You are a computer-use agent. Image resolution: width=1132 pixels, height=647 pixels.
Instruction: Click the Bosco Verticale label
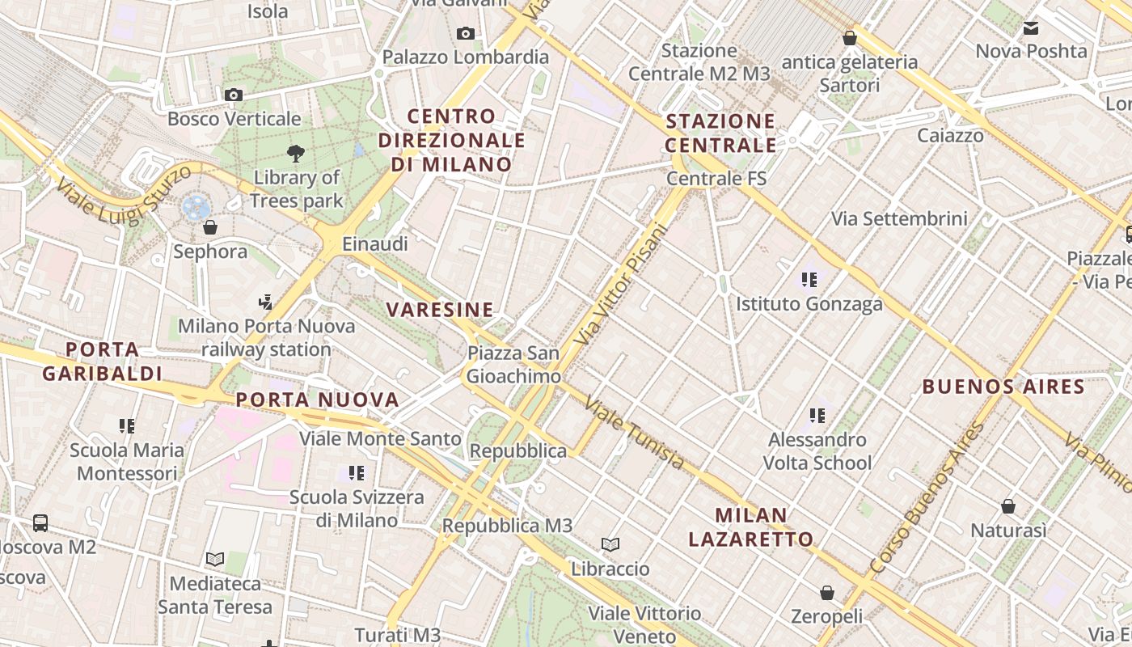coord(234,119)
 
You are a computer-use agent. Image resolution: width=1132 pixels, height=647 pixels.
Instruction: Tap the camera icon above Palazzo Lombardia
coord(465,33)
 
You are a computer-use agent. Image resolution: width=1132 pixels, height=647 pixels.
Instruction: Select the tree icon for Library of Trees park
coord(296,153)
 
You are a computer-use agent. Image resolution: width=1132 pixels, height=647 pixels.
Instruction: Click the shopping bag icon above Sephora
coord(210,227)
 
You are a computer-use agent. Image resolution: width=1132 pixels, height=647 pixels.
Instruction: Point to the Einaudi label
coord(375,243)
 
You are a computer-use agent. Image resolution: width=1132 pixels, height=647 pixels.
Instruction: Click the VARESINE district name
coord(440,310)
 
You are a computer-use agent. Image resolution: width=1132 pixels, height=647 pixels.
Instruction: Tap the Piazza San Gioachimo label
coord(513,365)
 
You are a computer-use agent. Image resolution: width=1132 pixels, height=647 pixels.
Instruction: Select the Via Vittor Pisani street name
coord(622,285)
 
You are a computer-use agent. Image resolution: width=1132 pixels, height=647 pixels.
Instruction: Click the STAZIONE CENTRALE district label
coord(720,133)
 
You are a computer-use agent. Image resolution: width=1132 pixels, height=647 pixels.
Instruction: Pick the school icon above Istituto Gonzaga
coord(809,280)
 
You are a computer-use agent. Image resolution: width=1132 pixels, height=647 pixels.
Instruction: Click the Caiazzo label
coord(950,135)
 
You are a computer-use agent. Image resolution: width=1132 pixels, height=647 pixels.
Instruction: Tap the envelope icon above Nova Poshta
coord(1030,28)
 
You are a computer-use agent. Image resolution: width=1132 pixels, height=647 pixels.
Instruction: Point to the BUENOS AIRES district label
coord(1003,387)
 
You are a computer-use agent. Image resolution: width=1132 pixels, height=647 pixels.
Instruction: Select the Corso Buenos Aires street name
coord(927,498)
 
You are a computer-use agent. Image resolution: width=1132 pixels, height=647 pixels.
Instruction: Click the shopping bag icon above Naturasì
coord(1007,506)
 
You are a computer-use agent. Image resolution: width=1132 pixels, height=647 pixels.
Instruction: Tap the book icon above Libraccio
coord(610,545)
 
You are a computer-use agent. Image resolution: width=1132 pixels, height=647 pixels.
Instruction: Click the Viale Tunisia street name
coord(634,433)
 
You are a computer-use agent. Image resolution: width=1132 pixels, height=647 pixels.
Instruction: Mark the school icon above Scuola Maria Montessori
coord(126,425)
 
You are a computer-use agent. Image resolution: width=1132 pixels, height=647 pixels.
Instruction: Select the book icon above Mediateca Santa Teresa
coord(214,559)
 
